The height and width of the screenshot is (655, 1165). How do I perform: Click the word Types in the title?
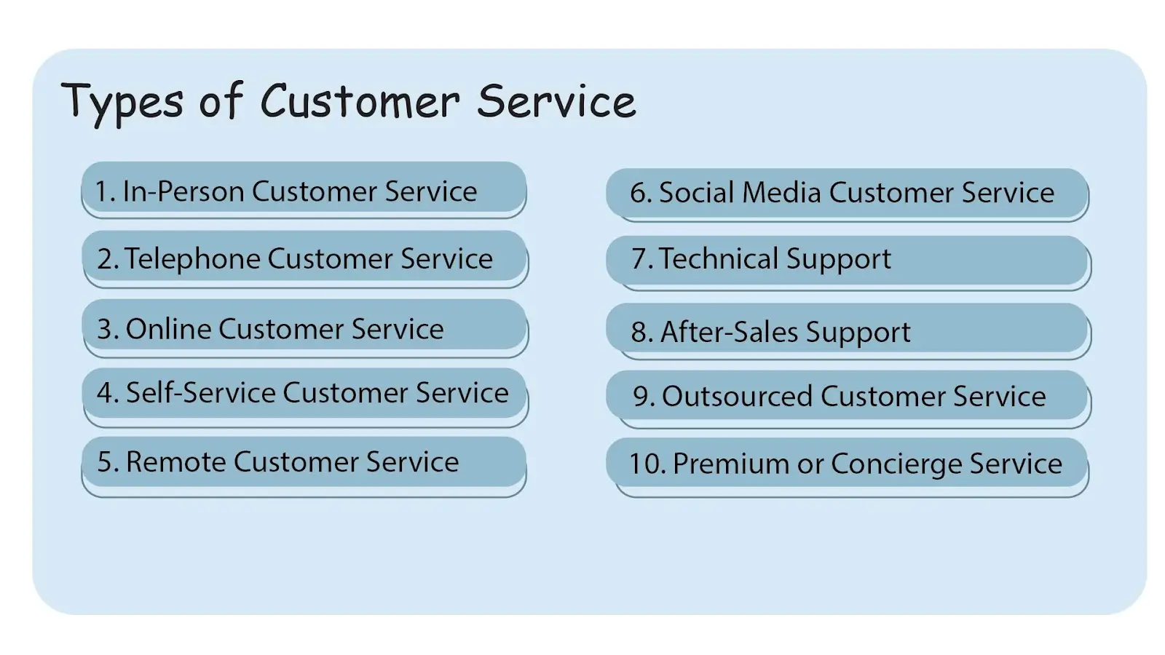[x=122, y=102]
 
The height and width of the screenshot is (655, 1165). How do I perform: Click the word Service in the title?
[x=556, y=102]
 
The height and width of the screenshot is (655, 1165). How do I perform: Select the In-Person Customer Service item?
[x=304, y=191]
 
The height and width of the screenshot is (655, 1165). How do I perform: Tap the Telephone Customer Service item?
[x=304, y=258]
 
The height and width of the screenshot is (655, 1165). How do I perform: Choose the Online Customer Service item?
[x=304, y=328]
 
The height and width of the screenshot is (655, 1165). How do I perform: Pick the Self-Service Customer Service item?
[x=304, y=393]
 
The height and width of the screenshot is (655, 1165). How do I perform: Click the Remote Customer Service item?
[x=304, y=462]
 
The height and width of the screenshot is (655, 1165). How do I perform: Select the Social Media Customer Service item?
[x=847, y=193]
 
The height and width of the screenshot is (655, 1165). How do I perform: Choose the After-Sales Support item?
[x=847, y=332]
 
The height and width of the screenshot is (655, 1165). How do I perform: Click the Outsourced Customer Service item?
[x=847, y=396]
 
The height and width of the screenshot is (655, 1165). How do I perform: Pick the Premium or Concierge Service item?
[x=847, y=464]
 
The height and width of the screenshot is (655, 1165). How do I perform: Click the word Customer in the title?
[x=360, y=102]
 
